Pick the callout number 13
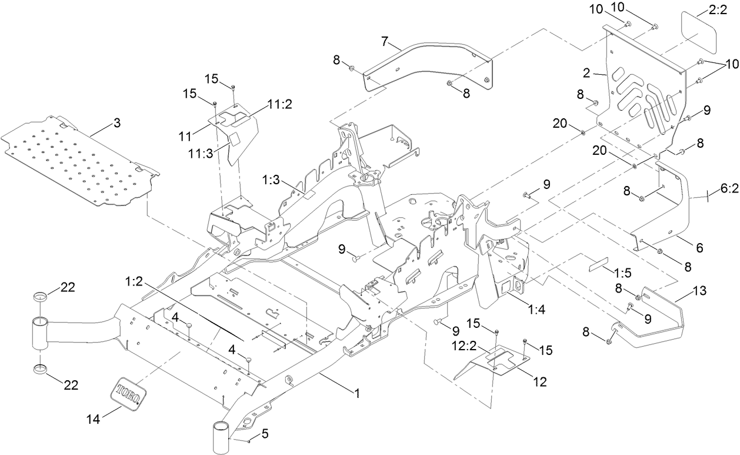click(x=700, y=291)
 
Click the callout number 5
click(x=265, y=434)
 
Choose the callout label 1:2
click(x=134, y=282)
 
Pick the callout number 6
click(x=699, y=248)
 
